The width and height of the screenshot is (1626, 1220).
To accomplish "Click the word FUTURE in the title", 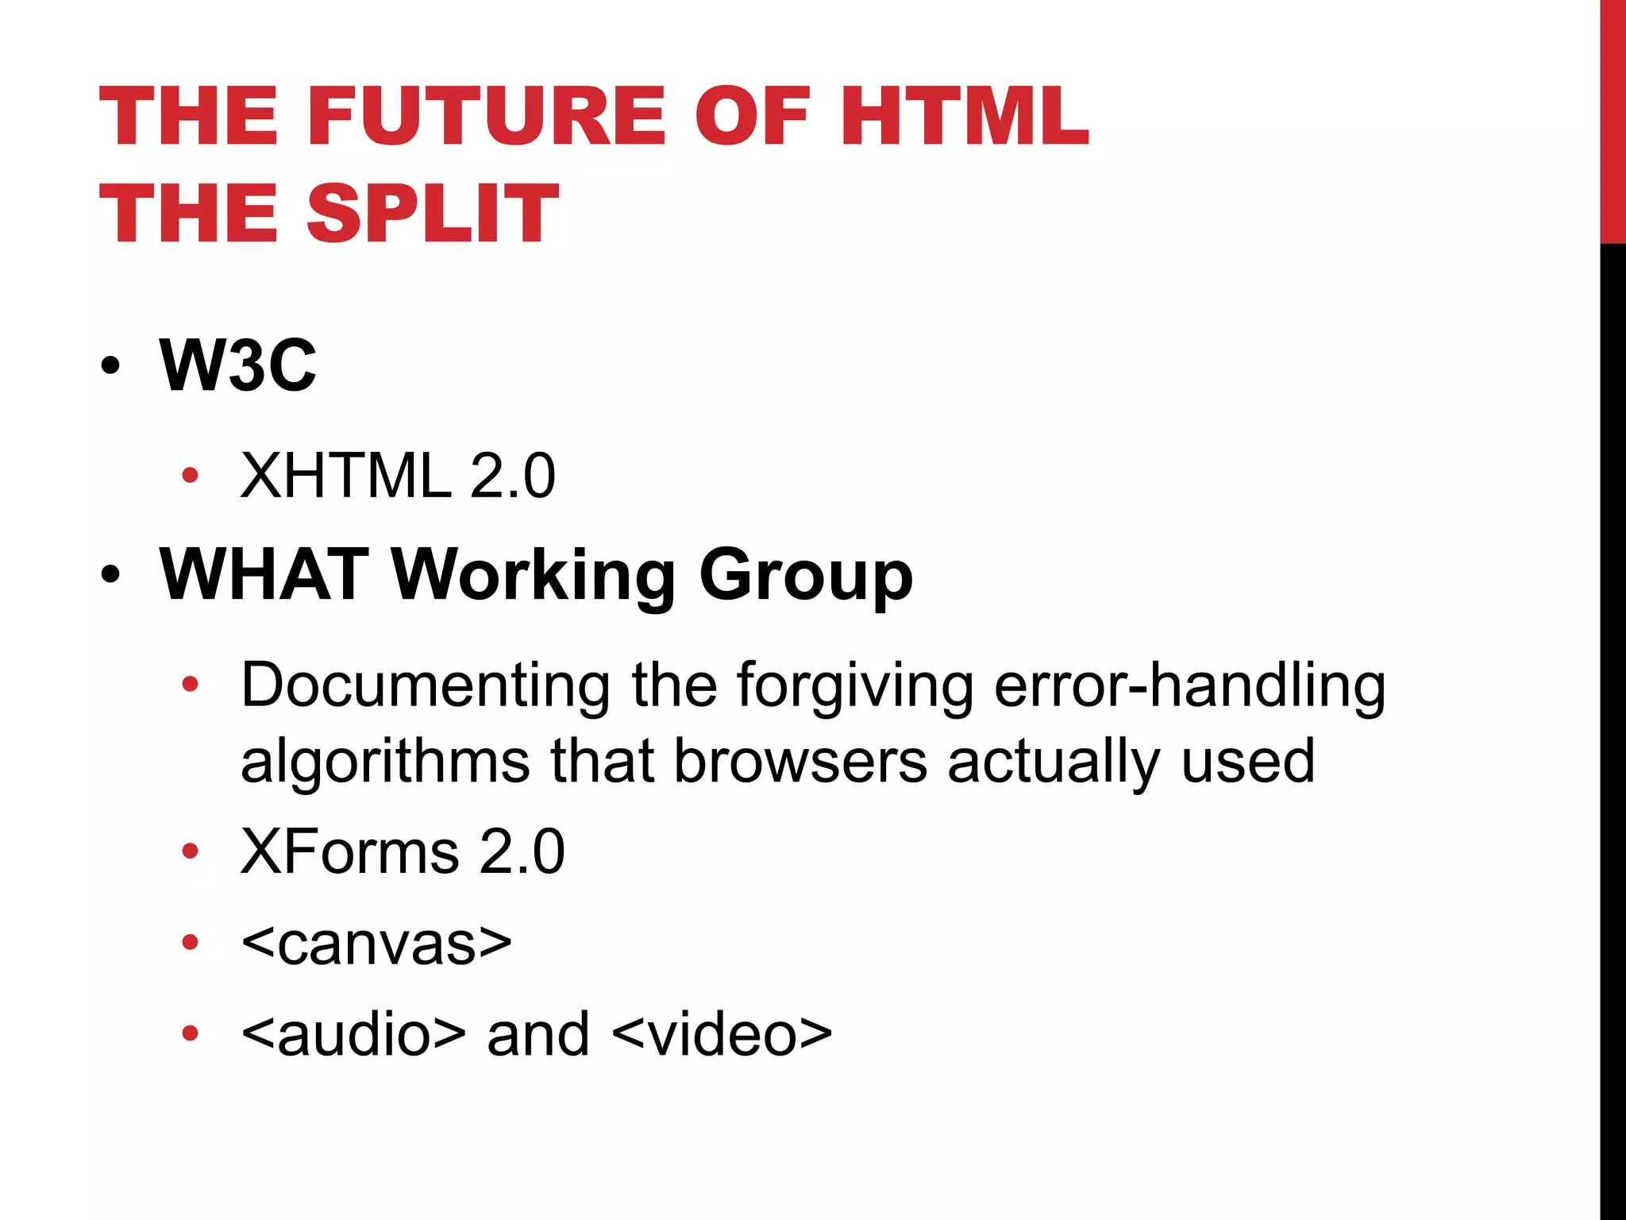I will (x=492, y=117).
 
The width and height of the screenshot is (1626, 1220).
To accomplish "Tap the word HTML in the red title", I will (x=964, y=117).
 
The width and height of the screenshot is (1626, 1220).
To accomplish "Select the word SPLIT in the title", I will (x=433, y=213).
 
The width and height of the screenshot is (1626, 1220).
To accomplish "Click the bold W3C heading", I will (x=237, y=365).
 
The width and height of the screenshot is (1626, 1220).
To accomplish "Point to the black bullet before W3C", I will (x=110, y=366).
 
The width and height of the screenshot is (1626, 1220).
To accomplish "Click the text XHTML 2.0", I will (x=398, y=476).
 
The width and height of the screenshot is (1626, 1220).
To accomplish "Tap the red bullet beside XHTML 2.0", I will (x=190, y=476).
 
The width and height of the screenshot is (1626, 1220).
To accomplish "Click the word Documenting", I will (x=426, y=685).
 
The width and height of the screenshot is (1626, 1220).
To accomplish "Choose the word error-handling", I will (x=1189, y=685).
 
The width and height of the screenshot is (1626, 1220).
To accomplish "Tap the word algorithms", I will (x=385, y=761).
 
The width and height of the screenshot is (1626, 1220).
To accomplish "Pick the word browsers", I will (x=800, y=761).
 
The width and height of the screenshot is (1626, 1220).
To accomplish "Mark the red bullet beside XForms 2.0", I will (x=190, y=851).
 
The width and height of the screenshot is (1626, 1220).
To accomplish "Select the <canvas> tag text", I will (x=376, y=943).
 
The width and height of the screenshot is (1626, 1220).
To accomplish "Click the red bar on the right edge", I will (x=1613, y=119).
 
